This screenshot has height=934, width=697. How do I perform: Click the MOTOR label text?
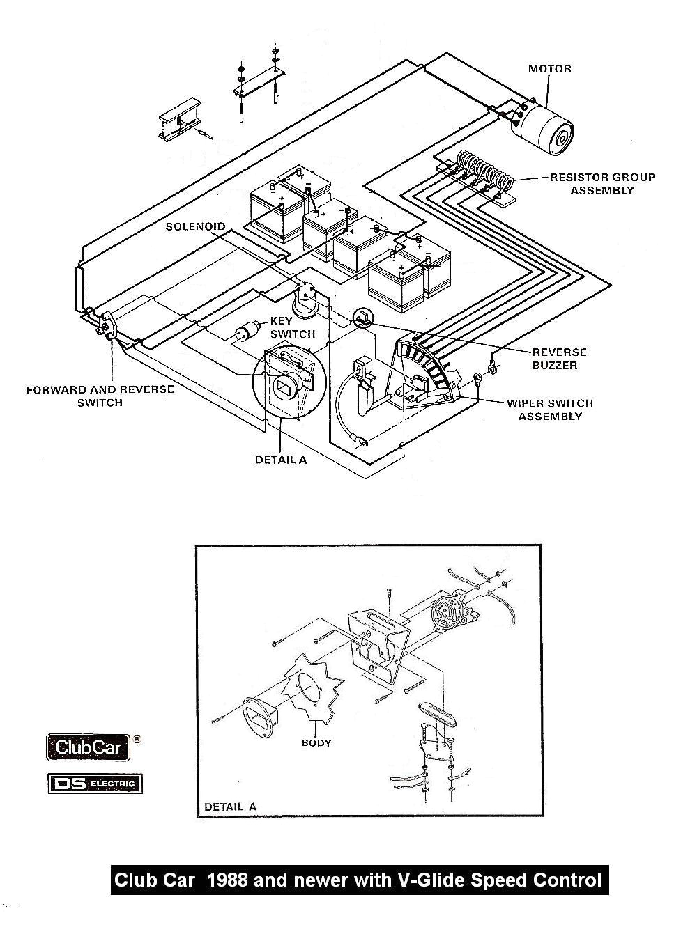click(x=549, y=68)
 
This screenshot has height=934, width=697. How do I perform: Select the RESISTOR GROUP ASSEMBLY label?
click(x=602, y=183)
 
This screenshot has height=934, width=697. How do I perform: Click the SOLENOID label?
click(x=195, y=227)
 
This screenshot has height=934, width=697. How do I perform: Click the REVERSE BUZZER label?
click(x=559, y=359)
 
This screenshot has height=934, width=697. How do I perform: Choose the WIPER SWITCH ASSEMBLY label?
click(x=550, y=410)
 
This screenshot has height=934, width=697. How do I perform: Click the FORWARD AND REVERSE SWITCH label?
click(x=100, y=396)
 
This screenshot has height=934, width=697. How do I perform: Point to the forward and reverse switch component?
click(x=107, y=326)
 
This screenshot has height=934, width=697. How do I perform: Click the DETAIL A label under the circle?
click(x=280, y=460)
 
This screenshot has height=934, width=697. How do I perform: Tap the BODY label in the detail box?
click(x=316, y=742)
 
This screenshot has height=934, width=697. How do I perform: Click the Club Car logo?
click(x=88, y=749)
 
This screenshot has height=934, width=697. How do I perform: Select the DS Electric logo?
click(x=95, y=784)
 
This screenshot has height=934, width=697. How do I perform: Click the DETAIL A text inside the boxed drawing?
click(x=230, y=807)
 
